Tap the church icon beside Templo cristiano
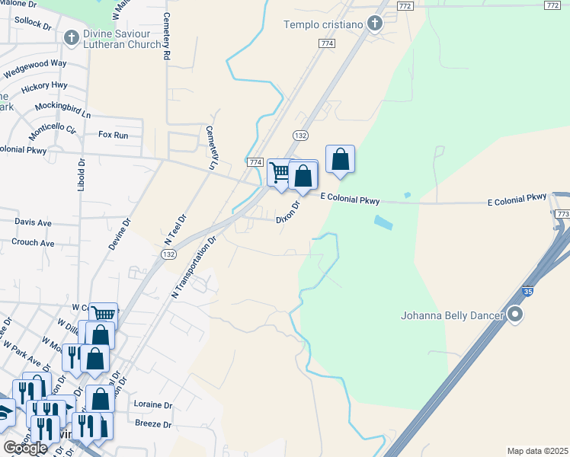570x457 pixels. tap(374, 24)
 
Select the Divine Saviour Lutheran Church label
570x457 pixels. tap(123, 39)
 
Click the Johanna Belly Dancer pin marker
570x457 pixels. tap(516, 314)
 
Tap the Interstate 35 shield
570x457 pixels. tap(528, 291)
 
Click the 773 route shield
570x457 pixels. tap(562, 215)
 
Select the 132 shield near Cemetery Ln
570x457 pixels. tap(299, 135)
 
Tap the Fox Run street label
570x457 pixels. tap(112, 134)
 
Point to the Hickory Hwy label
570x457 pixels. tap(44, 86)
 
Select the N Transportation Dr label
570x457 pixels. tap(194, 266)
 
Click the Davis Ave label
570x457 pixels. tap(33, 222)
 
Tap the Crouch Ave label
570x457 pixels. tap(33, 243)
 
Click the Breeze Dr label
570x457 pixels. tap(152, 424)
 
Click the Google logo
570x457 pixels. tap(24, 448)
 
